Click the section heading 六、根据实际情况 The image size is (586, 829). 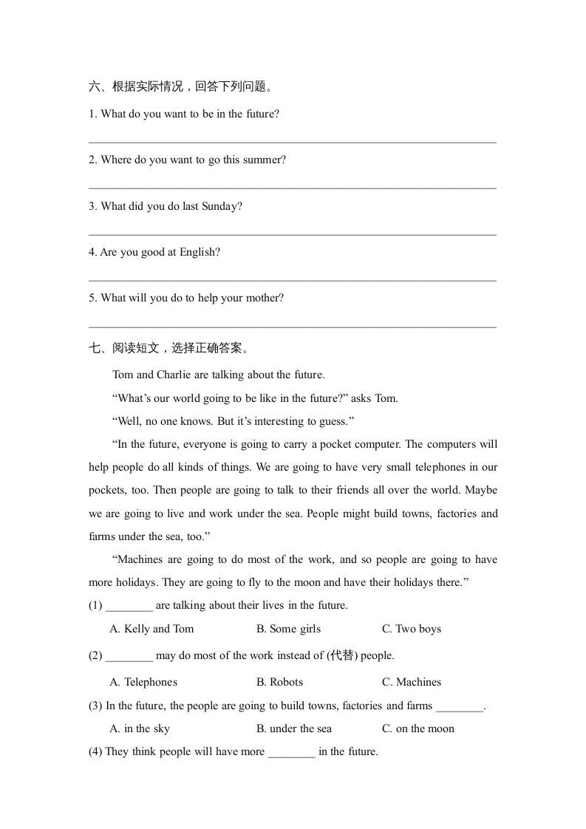[182, 87]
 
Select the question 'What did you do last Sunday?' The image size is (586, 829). [166, 206]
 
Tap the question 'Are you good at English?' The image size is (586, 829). [154, 252]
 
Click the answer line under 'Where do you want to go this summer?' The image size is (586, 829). [293, 188]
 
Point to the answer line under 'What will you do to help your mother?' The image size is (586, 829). [293, 326]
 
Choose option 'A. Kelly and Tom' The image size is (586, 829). [151, 629]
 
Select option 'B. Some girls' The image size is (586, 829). [288, 629]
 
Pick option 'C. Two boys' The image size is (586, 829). [411, 629]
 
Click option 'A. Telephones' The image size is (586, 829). [143, 682]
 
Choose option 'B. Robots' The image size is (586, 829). [279, 682]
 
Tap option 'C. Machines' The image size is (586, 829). [411, 682]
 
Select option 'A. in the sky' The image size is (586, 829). [140, 729]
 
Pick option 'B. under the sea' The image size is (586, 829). [294, 729]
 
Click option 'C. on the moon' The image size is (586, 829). [418, 729]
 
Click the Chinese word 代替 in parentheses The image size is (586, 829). [343, 655]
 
